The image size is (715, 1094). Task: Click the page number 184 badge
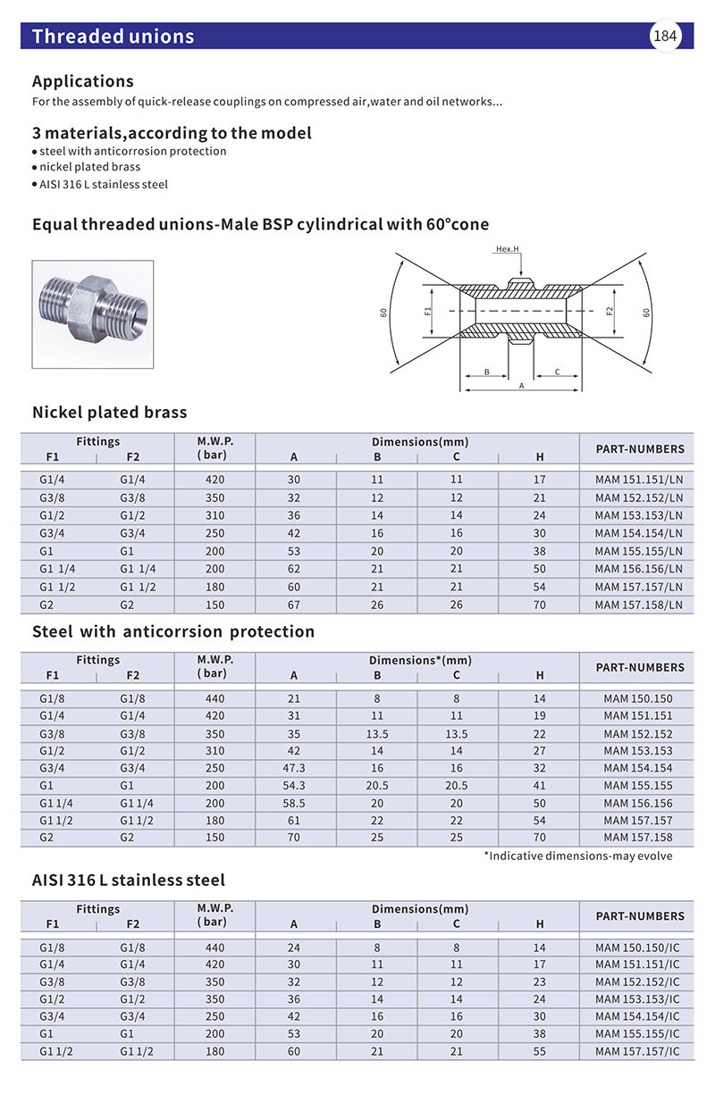tap(665, 37)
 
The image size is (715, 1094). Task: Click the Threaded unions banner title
tap(113, 37)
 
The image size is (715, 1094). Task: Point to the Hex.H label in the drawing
tap(508, 250)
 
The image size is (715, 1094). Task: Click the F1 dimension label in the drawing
tap(429, 312)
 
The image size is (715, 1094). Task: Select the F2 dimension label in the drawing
tap(610, 312)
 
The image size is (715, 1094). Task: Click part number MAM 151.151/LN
tap(639, 480)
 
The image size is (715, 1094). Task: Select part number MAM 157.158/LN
tap(639, 605)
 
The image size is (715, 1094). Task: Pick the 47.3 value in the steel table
tap(294, 768)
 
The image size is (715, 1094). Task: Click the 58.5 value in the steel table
tap(294, 803)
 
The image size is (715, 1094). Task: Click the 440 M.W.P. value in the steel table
tap(214, 698)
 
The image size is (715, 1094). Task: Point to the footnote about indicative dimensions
tap(578, 856)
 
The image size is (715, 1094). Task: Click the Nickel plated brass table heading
tap(110, 413)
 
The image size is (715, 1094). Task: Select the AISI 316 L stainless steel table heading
tap(129, 881)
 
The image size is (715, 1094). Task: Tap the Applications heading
tap(83, 81)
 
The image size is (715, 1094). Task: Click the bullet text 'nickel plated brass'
tap(89, 167)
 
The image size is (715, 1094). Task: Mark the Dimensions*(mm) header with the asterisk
tap(420, 661)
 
